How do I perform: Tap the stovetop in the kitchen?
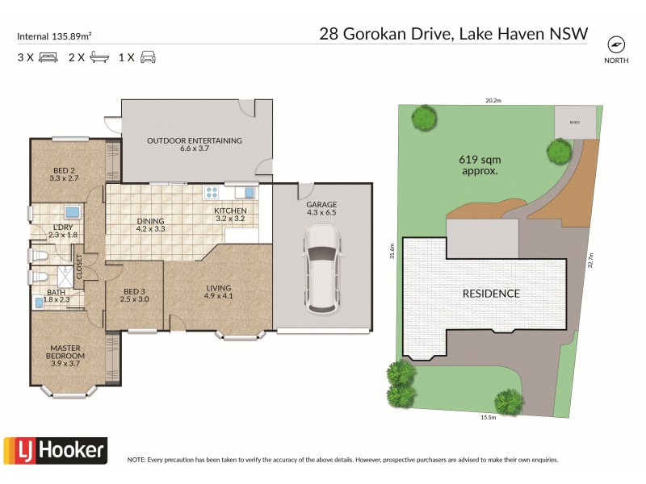(212, 192)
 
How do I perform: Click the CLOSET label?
(79, 267)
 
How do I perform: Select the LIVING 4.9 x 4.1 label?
(218, 292)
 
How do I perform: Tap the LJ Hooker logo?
(55, 449)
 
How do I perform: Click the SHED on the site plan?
(575, 123)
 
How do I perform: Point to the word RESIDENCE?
(491, 293)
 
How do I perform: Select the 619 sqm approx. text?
(478, 165)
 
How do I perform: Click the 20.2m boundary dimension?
(493, 101)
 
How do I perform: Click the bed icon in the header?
(48, 57)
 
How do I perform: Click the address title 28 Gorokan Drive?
(453, 34)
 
